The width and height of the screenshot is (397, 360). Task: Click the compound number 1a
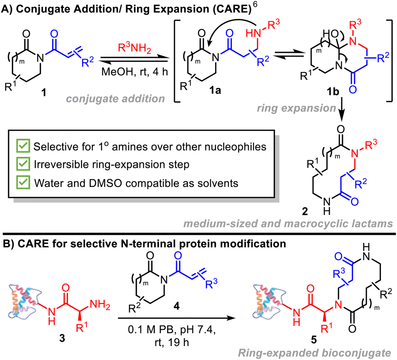click(215, 90)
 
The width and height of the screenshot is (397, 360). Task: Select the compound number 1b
click(333, 91)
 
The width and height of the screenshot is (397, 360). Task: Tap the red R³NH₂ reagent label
click(134, 48)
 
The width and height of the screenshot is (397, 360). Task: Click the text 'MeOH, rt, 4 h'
click(134, 72)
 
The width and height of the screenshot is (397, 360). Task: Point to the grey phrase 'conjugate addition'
click(116, 98)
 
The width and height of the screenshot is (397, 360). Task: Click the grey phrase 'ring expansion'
click(297, 108)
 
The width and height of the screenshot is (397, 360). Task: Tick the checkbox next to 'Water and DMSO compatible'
click(23, 182)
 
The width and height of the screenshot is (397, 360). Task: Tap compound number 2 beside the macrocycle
click(305, 211)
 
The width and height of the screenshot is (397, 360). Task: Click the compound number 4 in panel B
click(177, 306)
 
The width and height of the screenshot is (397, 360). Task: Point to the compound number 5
click(314, 340)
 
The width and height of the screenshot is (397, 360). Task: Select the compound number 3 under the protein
click(62, 338)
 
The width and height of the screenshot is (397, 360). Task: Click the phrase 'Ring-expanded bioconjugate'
click(315, 353)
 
